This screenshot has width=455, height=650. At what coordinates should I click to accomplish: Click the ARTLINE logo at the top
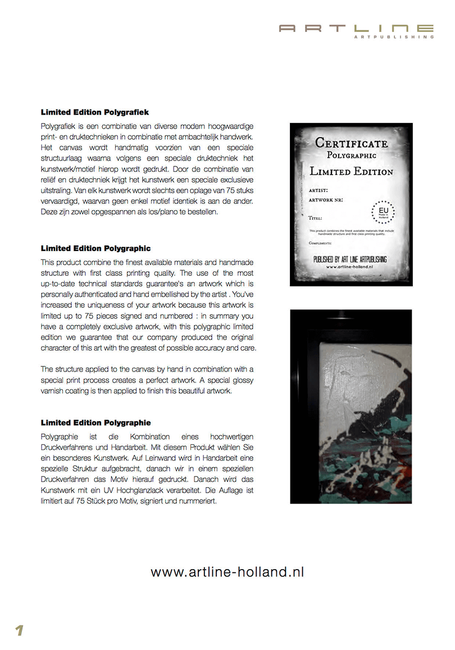click(x=356, y=28)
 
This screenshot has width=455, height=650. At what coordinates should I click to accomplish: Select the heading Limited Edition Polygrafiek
click(x=94, y=112)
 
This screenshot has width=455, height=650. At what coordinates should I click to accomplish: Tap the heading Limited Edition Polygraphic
click(x=95, y=248)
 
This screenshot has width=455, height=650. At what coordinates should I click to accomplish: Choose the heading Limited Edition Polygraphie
click(x=95, y=422)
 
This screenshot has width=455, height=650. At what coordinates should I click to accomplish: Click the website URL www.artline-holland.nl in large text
click(x=228, y=572)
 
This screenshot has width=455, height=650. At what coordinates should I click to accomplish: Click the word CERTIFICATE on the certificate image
click(x=351, y=143)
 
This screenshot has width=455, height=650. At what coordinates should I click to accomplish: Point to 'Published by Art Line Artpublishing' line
click(x=351, y=260)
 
